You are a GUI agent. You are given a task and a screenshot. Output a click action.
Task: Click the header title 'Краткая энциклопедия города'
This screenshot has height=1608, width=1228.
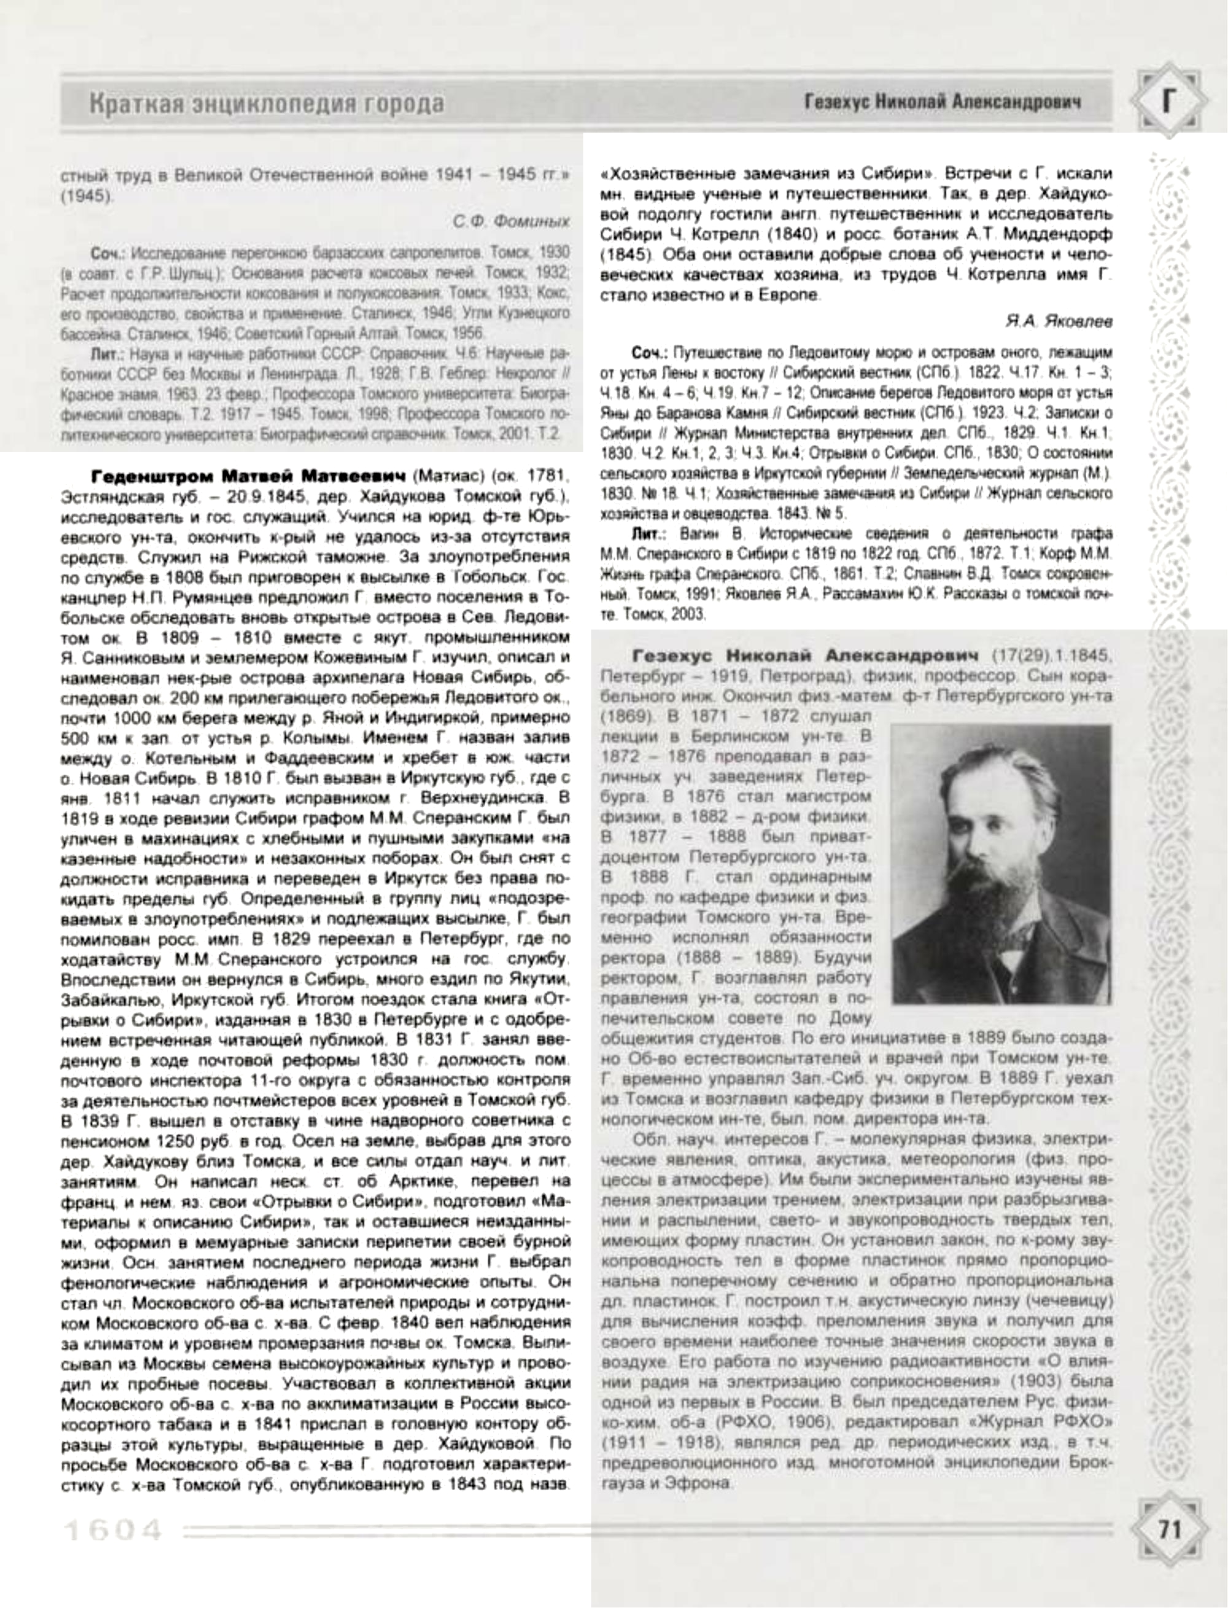point(267,103)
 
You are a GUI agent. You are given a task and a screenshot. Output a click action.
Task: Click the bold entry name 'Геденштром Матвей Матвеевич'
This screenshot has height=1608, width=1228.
point(248,477)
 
